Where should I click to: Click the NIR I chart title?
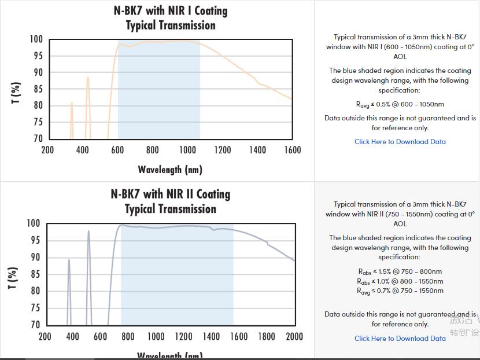171,18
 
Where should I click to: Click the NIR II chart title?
171,201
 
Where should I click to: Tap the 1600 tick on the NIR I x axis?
293,150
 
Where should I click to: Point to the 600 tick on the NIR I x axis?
117,150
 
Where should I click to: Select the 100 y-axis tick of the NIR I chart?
36,39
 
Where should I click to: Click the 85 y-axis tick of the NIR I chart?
38,89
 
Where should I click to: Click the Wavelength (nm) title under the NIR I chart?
170,170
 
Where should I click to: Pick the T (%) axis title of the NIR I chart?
16,93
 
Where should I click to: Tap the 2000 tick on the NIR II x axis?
294,337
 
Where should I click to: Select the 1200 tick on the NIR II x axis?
184,337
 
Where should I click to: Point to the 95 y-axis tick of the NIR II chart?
35,240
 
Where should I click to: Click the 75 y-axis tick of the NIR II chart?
35,308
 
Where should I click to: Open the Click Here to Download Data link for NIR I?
400,142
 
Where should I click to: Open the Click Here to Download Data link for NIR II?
400,339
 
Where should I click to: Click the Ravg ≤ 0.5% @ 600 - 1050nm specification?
400,105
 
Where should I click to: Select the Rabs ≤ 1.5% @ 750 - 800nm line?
400,271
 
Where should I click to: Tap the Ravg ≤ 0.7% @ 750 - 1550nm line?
400,291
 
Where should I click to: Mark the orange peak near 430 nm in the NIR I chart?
88,79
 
